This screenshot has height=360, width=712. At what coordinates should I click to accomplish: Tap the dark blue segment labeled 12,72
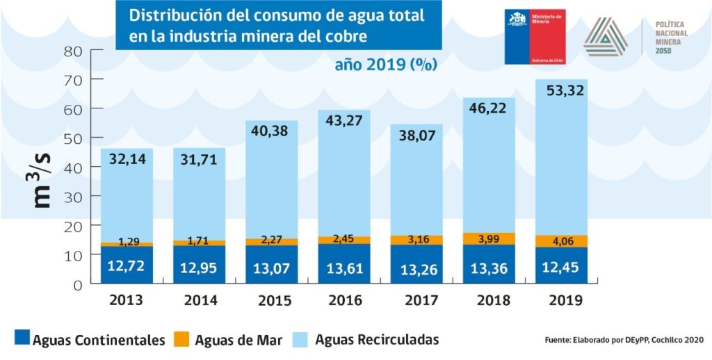point(127,265)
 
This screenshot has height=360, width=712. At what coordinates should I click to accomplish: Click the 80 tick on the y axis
point(73,51)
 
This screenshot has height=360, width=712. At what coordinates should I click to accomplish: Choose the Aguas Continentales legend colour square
point(22,339)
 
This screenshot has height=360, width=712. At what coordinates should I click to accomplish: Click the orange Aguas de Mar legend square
point(181,339)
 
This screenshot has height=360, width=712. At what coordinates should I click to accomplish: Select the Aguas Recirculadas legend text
point(377,340)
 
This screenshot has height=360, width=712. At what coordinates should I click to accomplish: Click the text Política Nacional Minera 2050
point(672,37)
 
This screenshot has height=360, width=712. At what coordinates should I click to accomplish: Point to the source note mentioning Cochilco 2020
point(624,340)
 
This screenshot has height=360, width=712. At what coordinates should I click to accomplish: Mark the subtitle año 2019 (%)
point(385,65)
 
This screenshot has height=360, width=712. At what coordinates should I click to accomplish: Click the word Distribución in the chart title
point(163,15)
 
